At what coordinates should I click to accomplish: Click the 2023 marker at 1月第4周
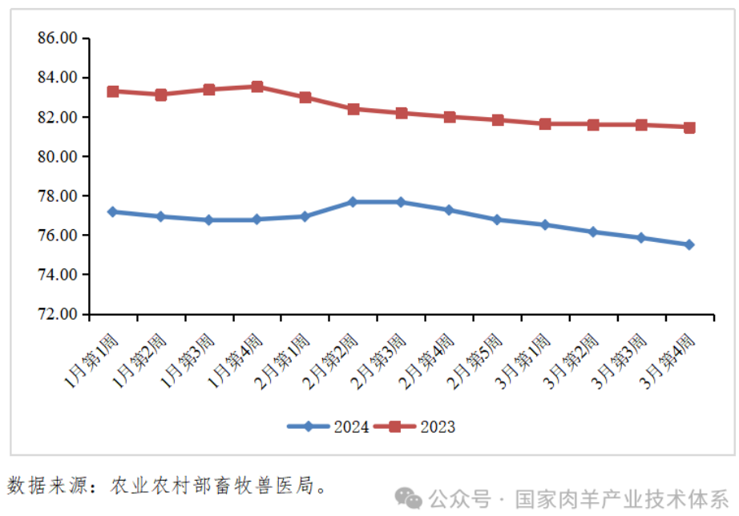coord(256,87)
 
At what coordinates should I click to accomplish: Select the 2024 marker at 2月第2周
coord(353,202)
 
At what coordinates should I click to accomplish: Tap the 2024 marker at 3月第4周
coord(689,244)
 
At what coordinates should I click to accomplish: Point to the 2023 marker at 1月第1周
coord(113,91)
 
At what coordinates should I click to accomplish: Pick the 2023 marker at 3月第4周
coord(689,127)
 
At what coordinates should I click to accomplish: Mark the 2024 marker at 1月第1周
coord(113,212)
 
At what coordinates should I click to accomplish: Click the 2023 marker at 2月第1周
coord(305,98)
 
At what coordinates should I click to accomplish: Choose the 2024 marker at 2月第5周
coord(497,220)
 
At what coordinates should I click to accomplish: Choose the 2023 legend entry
coord(422,427)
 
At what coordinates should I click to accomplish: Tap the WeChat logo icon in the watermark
coord(410,498)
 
